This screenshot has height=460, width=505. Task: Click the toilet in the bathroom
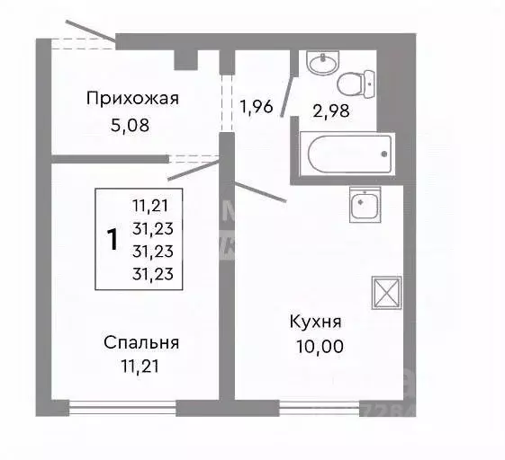coord(352,84)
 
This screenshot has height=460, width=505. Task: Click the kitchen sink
coord(365,206)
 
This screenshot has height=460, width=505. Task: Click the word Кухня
coord(315,323)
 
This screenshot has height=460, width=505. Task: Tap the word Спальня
coord(141,342)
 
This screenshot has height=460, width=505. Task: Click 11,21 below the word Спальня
coord(141,366)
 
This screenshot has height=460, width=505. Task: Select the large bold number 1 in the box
coord(113,240)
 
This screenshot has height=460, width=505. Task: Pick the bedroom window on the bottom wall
coord(122,405)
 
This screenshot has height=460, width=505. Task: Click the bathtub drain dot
coord(383,154)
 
